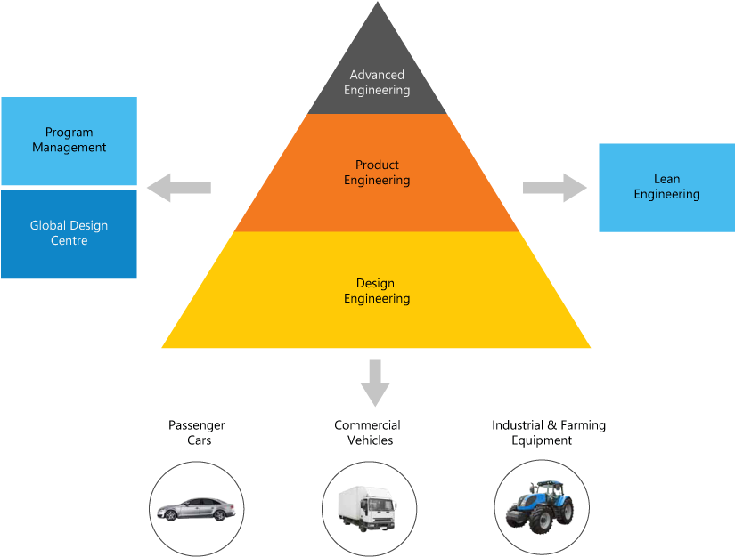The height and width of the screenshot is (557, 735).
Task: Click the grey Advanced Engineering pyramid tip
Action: (x=377, y=71)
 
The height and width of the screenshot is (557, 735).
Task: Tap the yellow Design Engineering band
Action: (x=377, y=320)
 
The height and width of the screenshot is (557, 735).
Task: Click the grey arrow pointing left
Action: (x=178, y=188)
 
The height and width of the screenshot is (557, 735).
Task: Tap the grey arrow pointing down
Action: (x=375, y=383)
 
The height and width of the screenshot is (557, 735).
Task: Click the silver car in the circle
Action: (x=195, y=509)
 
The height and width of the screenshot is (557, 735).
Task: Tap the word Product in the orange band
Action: (x=377, y=165)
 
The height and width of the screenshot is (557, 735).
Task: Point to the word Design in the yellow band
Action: (x=375, y=284)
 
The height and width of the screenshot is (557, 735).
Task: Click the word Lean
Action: (x=666, y=179)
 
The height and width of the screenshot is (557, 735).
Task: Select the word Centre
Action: (x=69, y=241)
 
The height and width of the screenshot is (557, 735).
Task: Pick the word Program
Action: (x=69, y=133)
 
